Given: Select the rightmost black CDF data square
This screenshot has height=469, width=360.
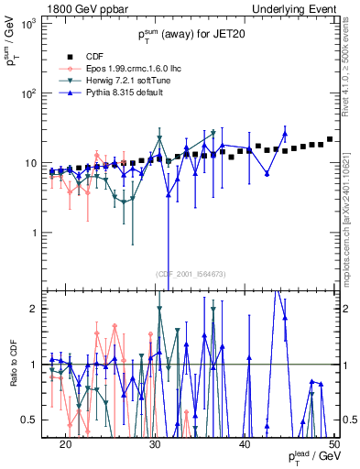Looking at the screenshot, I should coord(330,139).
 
